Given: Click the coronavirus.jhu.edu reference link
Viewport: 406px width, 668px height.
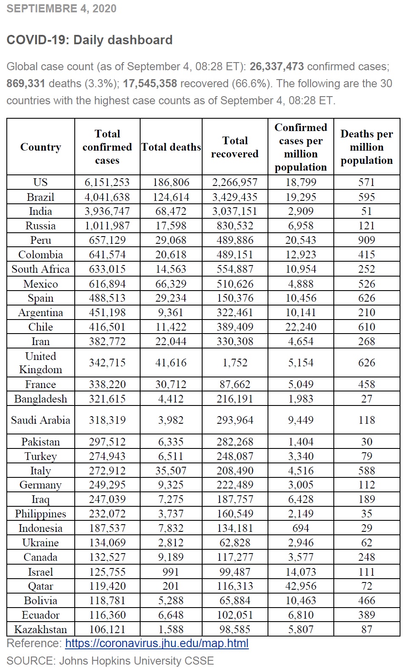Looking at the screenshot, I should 157,643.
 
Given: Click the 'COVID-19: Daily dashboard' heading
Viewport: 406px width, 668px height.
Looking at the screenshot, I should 90,40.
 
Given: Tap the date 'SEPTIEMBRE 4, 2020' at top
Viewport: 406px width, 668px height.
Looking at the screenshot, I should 62,9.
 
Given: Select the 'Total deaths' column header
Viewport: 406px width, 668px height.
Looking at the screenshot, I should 171,147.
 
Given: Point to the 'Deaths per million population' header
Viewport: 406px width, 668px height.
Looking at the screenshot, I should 367,147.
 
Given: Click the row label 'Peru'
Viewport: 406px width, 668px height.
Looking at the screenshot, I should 41,240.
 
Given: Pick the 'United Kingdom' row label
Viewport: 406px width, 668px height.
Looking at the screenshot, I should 41,363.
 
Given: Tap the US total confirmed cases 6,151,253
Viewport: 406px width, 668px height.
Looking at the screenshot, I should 107,182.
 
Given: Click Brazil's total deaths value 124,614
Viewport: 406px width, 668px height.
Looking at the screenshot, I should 171,197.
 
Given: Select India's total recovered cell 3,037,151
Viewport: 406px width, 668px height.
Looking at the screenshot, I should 235,211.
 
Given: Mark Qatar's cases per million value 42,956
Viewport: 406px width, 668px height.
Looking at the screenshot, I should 301,586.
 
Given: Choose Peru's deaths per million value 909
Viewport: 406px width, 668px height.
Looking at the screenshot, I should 367,240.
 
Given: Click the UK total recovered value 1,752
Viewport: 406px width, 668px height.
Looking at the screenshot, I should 235,363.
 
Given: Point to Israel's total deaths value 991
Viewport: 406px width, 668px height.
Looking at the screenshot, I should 171,572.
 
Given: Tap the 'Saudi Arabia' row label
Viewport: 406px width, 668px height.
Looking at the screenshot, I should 41,420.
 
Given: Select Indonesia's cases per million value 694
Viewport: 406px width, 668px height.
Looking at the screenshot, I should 301,528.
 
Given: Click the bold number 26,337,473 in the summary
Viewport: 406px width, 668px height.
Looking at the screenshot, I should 276,66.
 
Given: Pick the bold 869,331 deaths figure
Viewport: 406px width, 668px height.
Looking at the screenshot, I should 26,83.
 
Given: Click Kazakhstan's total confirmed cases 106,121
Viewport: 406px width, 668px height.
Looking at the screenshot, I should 107,629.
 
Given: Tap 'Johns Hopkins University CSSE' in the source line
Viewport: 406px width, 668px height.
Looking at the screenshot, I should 136,661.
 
